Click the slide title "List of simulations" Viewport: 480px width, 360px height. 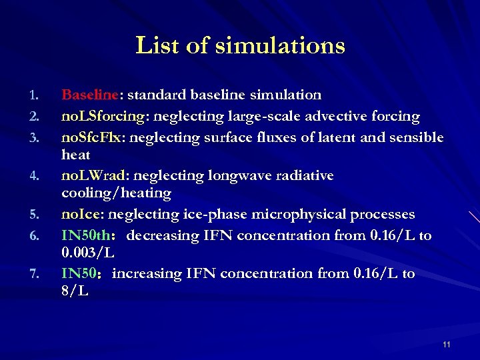point(240,46)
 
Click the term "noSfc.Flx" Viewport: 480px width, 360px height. point(95,137)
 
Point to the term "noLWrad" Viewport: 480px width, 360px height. point(96,176)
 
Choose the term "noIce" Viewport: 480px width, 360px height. point(81,215)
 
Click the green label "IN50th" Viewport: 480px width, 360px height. point(86,236)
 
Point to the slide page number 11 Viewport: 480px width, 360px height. point(446,345)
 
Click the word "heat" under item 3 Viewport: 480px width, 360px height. point(75,155)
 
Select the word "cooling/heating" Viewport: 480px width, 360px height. point(116,193)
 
